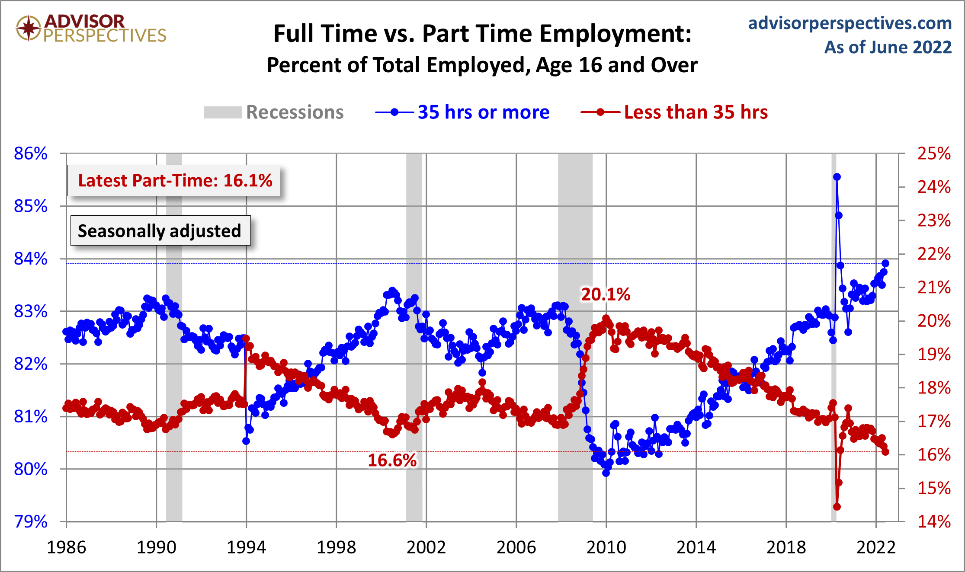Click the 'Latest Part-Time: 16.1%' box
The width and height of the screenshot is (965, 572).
[x=174, y=181]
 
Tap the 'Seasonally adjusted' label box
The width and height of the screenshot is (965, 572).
[x=160, y=231]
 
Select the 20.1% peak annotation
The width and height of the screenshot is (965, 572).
[x=605, y=294]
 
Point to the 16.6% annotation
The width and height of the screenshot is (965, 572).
[x=392, y=460]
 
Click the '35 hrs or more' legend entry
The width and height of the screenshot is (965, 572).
[x=483, y=112]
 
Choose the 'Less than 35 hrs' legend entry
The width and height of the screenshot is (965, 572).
[x=695, y=112]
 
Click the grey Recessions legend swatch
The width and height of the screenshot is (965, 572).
[x=222, y=112]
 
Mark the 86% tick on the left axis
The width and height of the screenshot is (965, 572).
[x=31, y=153]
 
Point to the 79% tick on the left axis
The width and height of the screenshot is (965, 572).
[x=31, y=522]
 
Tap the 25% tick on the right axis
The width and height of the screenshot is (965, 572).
[x=934, y=153]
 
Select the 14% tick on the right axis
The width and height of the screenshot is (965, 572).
[x=934, y=522]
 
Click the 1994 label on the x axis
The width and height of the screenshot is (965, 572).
[x=246, y=547]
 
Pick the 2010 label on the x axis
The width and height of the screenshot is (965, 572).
[x=606, y=547]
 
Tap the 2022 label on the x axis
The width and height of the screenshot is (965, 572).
[x=876, y=547]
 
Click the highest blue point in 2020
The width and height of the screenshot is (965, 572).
[x=837, y=177]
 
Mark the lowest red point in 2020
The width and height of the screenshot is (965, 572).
[x=837, y=507]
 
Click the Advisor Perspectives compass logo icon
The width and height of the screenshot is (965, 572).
[x=29, y=28]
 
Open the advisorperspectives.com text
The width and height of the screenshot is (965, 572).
[x=850, y=23]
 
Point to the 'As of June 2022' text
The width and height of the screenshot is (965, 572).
[x=888, y=47]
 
